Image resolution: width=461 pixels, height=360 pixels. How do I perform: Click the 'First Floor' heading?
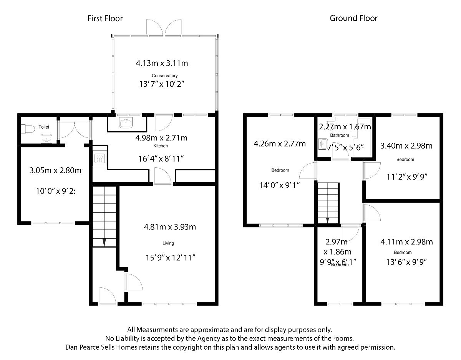(105, 18)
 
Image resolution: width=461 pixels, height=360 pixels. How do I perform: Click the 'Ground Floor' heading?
(353, 18)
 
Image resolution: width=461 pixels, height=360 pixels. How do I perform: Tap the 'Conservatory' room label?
(164, 76)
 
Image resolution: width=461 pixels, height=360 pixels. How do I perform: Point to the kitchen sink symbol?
(126, 124)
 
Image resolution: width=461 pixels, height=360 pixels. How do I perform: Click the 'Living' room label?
(168, 243)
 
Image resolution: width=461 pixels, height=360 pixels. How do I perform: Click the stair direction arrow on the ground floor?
(327, 220)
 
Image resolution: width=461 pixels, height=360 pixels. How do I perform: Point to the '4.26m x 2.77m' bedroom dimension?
(280, 144)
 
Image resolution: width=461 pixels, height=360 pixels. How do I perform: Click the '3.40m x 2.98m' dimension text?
(406, 146)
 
